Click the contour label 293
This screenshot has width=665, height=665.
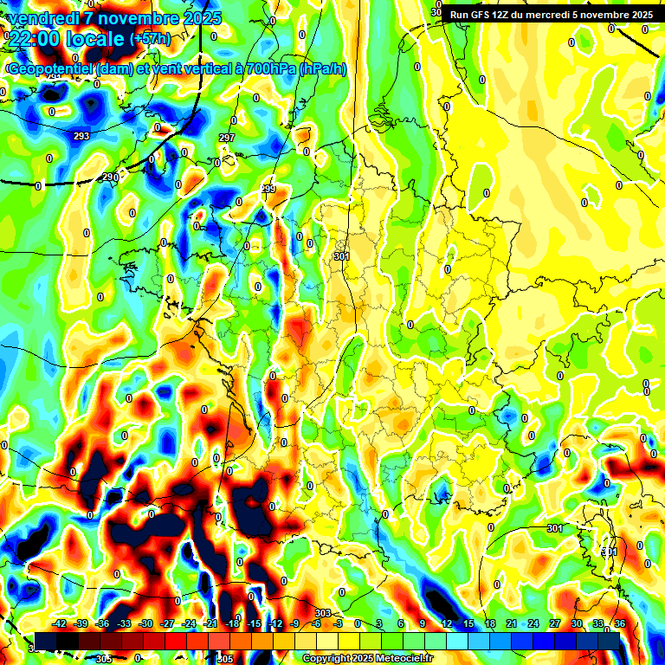81,137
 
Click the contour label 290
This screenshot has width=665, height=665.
110,178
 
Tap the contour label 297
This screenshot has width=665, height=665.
227,139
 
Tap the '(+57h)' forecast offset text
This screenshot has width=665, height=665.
151,40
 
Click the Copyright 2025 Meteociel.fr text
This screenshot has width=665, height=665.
367,658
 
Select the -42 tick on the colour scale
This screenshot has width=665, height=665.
60,623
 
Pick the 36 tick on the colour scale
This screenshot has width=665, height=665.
620,623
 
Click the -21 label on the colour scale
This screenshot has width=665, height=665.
210,623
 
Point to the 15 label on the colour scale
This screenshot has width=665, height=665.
468,623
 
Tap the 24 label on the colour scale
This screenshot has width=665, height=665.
533,623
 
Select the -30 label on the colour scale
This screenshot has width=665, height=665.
145,623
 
